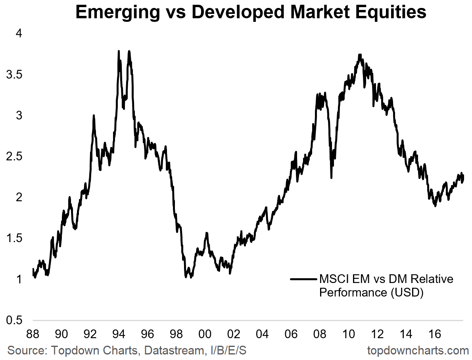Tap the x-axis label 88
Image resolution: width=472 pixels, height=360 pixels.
click(33, 334)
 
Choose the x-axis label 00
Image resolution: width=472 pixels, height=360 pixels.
click(205, 334)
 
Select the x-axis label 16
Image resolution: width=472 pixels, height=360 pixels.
click(435, 334)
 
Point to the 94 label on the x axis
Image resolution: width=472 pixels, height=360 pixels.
click(119, 334)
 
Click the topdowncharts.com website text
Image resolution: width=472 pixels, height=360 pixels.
click(418, 350)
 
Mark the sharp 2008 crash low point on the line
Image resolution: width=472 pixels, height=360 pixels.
click(331, 177)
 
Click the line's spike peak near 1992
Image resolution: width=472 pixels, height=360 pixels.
click(94, 116)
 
